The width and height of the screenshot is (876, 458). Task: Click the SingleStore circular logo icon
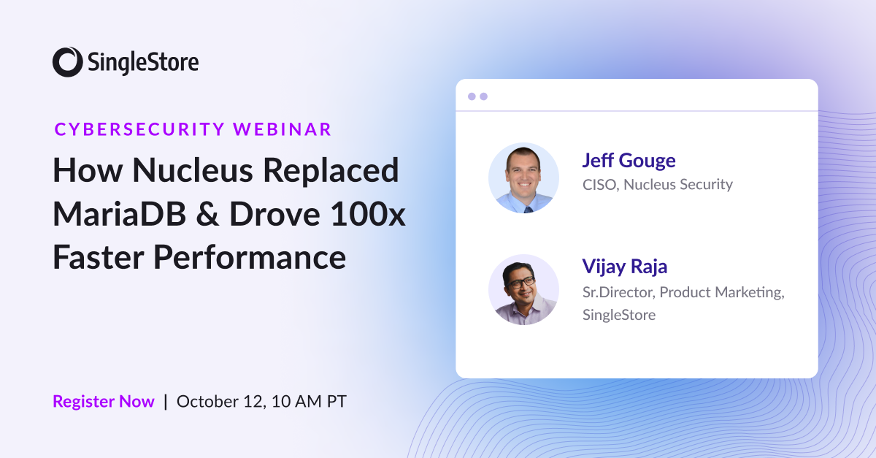click(x=67, y=61)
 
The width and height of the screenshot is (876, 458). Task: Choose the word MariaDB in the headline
click(x=123, y=215)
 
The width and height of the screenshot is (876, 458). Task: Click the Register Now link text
click(x=104, y=401)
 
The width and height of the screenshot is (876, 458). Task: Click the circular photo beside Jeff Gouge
click(x=523, y=178)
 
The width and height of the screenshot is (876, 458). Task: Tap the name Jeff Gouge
click(x=629, y=160)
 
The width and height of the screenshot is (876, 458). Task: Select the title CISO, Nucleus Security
click(x=657, y=184)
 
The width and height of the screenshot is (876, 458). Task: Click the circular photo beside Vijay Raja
click(x=523, y=289)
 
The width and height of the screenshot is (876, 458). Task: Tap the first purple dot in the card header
click(x=472, y=96)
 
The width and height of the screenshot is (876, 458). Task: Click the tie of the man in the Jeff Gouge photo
click(x=527, y=207)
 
